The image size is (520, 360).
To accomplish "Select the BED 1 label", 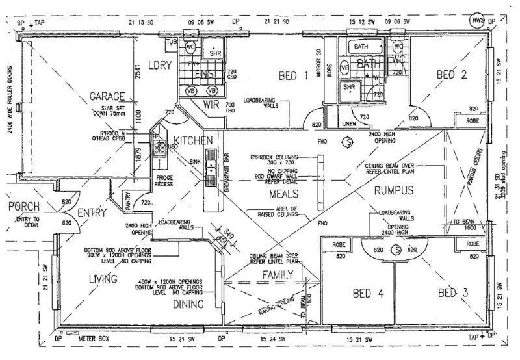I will tap(293, 76).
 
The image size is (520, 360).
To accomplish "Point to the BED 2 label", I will tap(452, 74).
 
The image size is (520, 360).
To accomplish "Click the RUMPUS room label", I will tap(394, 190).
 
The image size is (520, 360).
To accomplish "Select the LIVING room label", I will tap(103, 279).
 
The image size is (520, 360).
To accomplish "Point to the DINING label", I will tap(188, 303).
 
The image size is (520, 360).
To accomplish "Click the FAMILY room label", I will tap(278, 275).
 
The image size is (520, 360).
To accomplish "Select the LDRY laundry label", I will tap(159, 65).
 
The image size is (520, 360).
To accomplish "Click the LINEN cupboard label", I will tap(348, 123).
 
